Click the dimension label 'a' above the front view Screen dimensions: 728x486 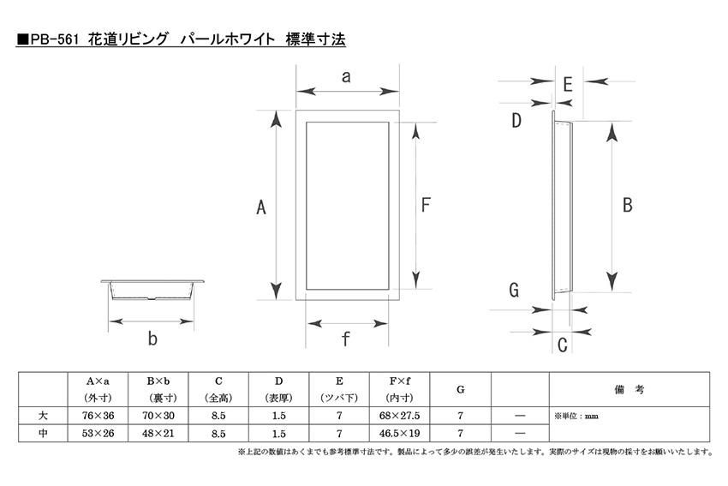[x=346, y=77]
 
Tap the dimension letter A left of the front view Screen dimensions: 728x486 [x=261, y=207]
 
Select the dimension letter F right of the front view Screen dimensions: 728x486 [x=426, y=205]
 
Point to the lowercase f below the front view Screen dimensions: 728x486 [x=345, y=339]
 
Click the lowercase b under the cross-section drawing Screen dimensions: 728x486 [x=152, y=338]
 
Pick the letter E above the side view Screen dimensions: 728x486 [x=567, y=85]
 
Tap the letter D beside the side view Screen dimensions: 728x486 [x=516, y=120]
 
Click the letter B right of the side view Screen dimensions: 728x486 [x=627, y=205]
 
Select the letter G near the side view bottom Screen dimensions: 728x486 [x=514, y=290]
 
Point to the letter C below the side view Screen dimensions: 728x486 [x=562, y=345]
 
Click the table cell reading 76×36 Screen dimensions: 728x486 [x=98, y=416]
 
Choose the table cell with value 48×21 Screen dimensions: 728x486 [x=158, y=433]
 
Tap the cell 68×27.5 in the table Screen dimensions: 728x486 [x=400, y=416]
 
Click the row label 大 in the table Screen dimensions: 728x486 [x=43, y=416]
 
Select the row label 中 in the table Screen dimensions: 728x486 [x=43, y=433]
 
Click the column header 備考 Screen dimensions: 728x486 [x=630, y=389]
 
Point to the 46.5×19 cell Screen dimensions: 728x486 [x=400, y=433]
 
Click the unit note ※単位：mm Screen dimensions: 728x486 [x=576, y=416]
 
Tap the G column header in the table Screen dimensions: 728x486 [x=460, y=389]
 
